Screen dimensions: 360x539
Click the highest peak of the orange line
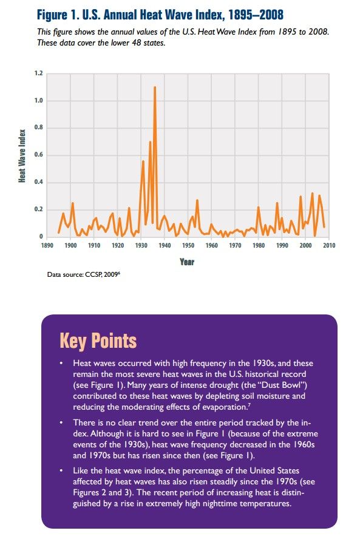pos(155,87)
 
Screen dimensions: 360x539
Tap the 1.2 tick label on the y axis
pos(38,73)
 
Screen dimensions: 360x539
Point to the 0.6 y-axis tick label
pos(38,155)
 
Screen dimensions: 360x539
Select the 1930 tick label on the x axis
pos(141,245)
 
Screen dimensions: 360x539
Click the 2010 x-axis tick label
pos(329,245)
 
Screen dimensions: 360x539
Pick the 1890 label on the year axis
pos(47,245)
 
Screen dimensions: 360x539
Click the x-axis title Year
pos(187,262)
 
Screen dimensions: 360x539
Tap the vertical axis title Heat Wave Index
pos(22,156)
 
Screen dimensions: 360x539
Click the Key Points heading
pos(98,341)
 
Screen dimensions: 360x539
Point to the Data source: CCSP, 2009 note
pos(84,274)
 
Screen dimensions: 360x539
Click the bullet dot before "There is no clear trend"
pos(61,422)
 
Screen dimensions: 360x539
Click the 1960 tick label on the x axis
pos(211,245)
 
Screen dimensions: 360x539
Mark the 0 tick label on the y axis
pos(41,237)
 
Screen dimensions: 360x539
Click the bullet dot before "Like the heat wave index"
pos(61,470)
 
